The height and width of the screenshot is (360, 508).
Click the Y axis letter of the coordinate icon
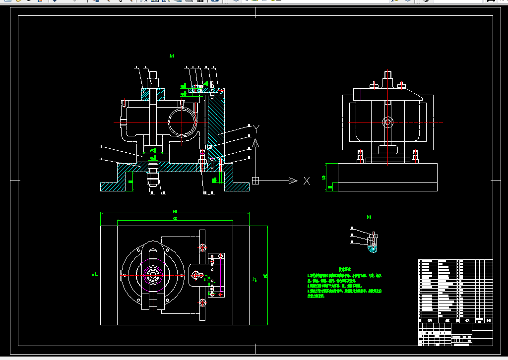256,129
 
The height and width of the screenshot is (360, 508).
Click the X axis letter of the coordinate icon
307,181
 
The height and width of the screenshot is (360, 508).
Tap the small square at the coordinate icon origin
255,180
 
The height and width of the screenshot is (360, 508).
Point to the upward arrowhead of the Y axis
255,144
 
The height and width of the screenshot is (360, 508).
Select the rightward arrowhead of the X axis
293,180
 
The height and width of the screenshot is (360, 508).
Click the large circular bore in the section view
182,122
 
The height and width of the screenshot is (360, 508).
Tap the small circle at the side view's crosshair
387,121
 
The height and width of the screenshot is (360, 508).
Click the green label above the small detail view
369,217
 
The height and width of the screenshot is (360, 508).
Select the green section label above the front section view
172,56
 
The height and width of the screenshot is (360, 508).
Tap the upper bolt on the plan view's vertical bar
202,247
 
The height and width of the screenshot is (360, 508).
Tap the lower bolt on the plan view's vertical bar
202,302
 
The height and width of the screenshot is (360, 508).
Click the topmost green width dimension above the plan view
175,212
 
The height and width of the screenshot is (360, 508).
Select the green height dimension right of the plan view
265,275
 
